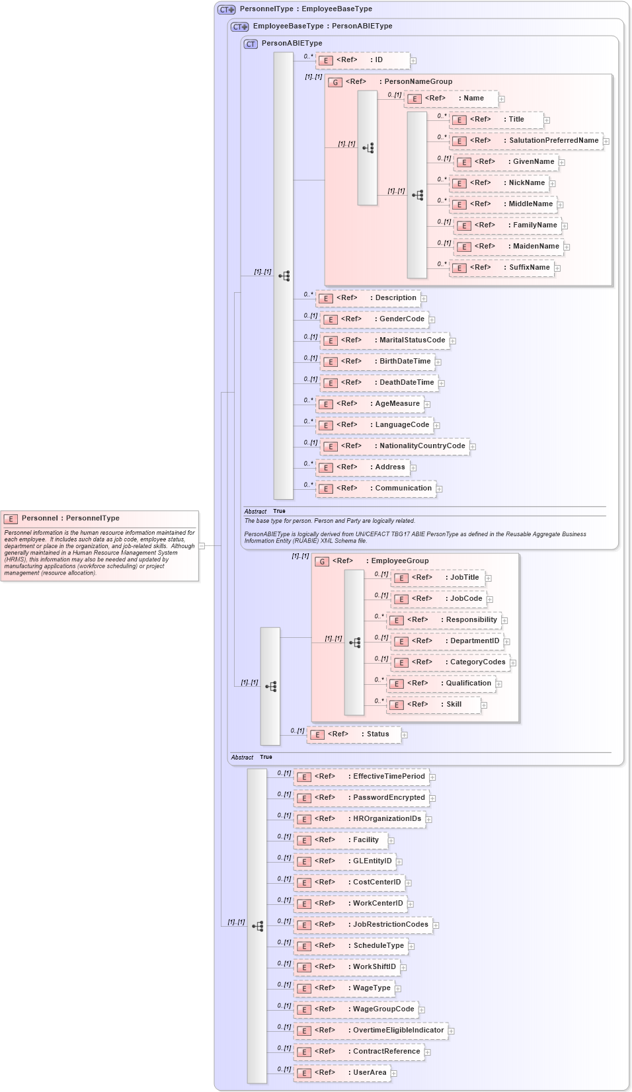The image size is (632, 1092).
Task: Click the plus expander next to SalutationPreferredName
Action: point(606,141)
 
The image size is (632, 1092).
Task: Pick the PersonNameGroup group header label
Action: point(418,82)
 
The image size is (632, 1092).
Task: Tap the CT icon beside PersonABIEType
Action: point(251,44)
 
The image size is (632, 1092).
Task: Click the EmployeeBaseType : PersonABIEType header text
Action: point(323,26)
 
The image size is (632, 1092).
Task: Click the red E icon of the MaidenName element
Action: point(464,247)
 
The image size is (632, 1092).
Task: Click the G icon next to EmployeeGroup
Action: point(322,562)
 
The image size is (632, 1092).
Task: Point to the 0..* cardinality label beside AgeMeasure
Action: point(308,400)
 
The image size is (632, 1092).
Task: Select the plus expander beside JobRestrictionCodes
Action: point(436,925)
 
